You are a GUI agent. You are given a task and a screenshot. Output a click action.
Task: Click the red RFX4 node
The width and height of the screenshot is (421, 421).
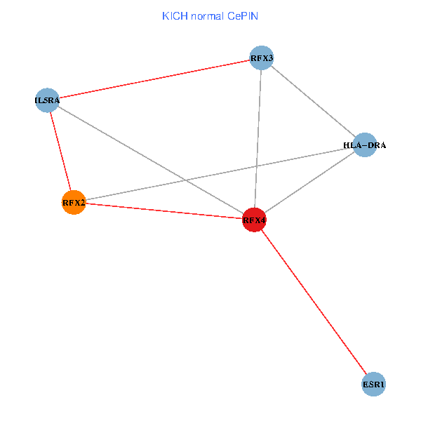click(x=254, y=220)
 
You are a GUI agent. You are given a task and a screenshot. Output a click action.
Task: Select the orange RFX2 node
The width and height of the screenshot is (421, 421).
click(x=74, y=203)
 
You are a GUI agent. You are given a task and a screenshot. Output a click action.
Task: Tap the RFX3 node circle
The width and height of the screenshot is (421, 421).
click(x=261, y=58)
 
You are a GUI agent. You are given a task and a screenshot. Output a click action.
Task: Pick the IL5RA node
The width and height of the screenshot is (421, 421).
click(x=47, y=100)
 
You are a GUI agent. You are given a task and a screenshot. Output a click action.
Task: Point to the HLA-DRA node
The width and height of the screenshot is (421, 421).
click(x=365, y=145)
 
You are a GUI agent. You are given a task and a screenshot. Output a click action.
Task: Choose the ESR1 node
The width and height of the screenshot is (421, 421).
click(x=374, y=385)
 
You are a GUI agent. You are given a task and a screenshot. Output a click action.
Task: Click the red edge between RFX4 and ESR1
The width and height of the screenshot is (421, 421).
click(x=314, y=302)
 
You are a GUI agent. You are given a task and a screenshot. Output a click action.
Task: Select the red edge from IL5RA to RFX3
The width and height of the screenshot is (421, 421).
click(x=154, y=79)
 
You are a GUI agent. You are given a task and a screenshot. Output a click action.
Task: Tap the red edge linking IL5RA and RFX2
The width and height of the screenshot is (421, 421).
click(x=60, y=151)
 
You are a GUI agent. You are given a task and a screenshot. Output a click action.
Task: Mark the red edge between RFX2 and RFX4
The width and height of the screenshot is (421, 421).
click(x=163, y=211)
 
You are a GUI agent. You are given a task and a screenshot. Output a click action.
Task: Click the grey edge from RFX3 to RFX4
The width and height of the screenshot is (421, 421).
click(x=258, y=139)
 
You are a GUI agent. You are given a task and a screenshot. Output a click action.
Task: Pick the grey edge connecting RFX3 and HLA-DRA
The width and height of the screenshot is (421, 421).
click(x=313, y=101)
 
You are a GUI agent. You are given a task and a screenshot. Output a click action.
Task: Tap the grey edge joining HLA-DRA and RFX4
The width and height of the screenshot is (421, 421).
click(x=309, y=182)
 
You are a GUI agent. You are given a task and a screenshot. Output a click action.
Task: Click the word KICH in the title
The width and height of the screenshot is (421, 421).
click(x=175, y=15)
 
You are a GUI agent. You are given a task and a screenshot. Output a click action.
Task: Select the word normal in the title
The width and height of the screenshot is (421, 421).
click(x=207, y=15)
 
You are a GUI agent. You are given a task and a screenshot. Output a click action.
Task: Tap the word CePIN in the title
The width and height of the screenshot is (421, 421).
click(x=242, y=15)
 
